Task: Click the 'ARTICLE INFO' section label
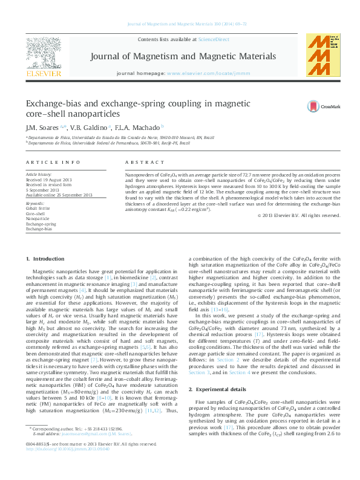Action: [53, 163]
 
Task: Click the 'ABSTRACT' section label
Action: [140, 163]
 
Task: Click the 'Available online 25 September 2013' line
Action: [59, 195]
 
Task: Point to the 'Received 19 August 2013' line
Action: [48, 180]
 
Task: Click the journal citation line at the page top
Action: [179, 24]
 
